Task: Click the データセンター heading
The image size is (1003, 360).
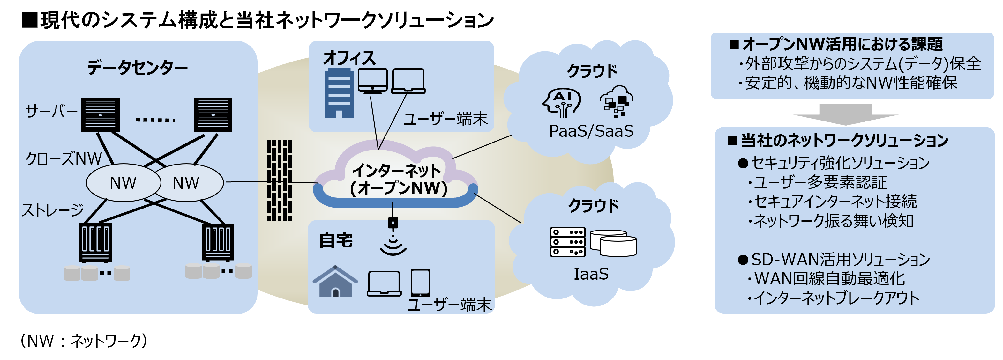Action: pos(137,68)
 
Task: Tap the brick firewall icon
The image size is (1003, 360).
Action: pos(279,180)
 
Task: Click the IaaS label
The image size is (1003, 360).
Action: pos(591,274)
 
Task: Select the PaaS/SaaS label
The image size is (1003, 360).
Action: pos(591,131)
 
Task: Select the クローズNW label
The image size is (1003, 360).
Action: pos(64,159)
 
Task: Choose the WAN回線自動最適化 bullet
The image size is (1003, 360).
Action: pos(829,279)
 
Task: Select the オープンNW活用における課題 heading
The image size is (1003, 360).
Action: pos(842,44)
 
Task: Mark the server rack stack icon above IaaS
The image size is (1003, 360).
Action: pos(568,242)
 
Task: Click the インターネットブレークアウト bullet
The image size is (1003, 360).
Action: pos(836,298)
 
